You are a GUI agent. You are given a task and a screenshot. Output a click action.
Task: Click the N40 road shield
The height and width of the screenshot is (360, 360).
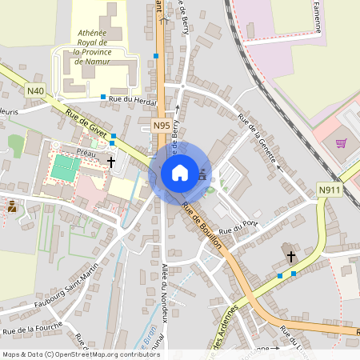(x=34, y=91)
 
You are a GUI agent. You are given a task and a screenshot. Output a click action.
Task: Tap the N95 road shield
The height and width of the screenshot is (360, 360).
(x=162, y=126)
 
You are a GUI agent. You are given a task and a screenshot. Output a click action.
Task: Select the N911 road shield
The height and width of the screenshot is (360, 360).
(x=329, y=190)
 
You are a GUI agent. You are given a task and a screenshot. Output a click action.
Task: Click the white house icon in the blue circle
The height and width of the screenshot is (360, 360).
(x=179, y=172)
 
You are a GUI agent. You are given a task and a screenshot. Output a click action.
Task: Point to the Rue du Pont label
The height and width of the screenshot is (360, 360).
(x=239, y=227)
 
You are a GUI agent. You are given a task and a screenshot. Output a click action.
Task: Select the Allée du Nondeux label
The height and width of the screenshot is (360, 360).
(x=165, y=291)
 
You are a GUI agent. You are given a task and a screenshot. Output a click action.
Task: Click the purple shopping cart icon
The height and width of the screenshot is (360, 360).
(x=342, y=144)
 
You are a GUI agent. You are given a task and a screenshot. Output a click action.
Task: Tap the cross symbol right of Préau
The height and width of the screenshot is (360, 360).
(x=111, y=162)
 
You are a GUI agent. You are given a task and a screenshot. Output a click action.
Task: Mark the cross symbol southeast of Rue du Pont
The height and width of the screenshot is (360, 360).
(x=290, y=257)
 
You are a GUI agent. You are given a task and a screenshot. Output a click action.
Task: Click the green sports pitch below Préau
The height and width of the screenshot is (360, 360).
(x=65, y=167)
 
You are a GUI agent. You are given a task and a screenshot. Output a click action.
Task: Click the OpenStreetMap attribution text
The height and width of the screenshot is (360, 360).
(x=81, y=354)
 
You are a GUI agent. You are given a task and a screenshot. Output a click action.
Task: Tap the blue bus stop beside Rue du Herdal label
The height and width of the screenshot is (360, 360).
(x=103, y=98)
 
